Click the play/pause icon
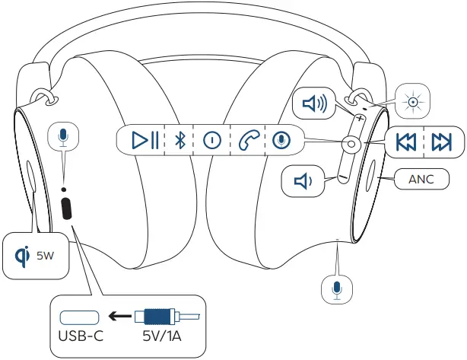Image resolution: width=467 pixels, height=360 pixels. [x=144, y=140]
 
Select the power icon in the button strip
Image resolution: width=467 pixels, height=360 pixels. [x=211, y=140]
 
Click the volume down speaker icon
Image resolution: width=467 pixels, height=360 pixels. [x=303, y=180]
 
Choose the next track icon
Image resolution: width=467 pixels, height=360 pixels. [x=441, y=142]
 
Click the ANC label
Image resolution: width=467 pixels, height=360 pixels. [x=422, y=180]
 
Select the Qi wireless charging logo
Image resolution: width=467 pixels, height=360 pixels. [x=21, y=255]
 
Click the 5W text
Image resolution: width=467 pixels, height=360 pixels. [x=45, y=256]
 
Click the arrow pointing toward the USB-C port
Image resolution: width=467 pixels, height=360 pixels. [x=117, y=315]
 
